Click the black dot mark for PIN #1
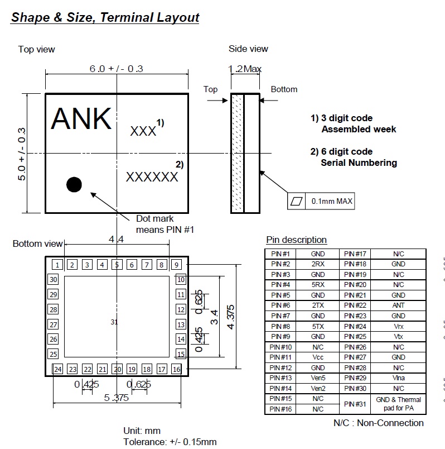[74, 184]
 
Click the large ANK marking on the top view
[81, 118]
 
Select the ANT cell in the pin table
[398, 305]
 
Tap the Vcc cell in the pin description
[317, 357]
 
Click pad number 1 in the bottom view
[57, 265]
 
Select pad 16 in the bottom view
[176, 369]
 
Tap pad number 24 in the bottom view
[57, 369]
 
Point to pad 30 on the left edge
[54, 280]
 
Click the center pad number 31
[114, 322]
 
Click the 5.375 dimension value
[116, 398]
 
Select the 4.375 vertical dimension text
[231, 317]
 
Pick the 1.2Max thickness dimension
[245, 69]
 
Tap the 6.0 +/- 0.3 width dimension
[117, 68]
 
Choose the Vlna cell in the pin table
[398, 378]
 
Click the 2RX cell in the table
[317, 264]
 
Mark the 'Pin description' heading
[296, 240]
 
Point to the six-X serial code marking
[152, 177]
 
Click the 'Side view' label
[248, 49]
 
